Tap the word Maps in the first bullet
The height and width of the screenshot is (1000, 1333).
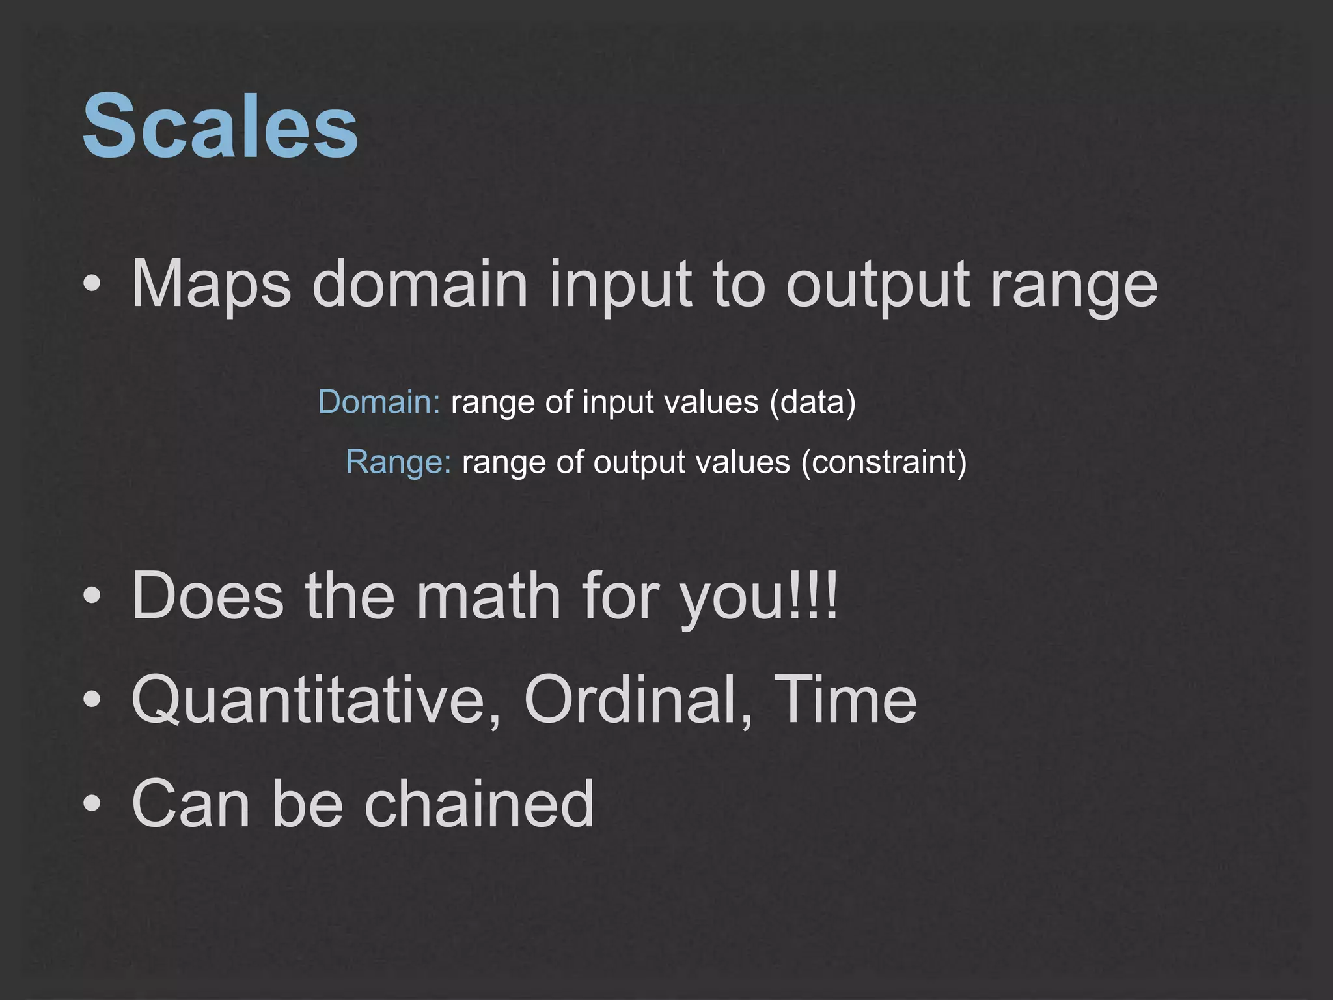(211, 285)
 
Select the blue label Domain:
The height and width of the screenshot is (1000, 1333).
(379, 402)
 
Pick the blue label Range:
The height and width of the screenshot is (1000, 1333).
(398, 462)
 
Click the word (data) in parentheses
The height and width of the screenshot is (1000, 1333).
(812, 402)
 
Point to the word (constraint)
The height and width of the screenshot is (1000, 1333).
(884, 462)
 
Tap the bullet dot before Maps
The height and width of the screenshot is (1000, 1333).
(92, 285)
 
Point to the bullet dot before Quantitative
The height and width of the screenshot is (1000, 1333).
(92, 700)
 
